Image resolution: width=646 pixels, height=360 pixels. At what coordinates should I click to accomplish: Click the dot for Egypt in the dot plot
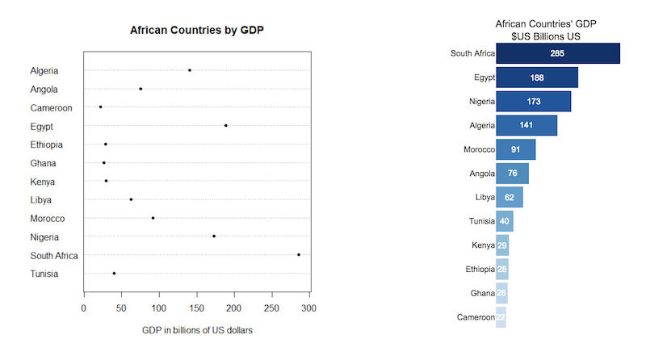point(226,125)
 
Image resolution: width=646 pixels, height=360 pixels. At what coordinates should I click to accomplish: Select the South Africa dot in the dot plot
point(299,254)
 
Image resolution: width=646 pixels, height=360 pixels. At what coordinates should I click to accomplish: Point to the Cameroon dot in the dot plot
point(101,107)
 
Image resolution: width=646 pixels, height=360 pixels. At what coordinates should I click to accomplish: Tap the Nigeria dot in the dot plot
point(214,236)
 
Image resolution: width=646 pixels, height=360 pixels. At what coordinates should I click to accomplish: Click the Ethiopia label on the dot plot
point(47,144)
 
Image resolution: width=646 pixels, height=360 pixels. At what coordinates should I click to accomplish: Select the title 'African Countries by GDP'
point(197,30)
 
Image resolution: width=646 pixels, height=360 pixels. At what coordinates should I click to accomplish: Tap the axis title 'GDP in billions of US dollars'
point(197,330)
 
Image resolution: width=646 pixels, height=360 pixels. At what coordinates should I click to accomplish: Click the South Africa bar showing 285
point(557,53)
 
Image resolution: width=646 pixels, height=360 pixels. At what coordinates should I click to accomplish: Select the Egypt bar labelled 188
point(536,77)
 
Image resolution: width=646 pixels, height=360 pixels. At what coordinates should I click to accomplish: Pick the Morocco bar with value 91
point(515,150)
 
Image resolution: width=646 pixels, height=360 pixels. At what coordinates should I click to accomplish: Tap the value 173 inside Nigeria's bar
point(533,102)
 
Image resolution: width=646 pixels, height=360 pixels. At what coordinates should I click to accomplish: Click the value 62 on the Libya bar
point(510,197)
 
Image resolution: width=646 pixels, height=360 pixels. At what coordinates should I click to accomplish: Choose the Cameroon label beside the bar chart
point(474,317)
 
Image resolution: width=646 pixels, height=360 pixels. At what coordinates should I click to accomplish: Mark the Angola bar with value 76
point(512,174)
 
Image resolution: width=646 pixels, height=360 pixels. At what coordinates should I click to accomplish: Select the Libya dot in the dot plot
point(131,199)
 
